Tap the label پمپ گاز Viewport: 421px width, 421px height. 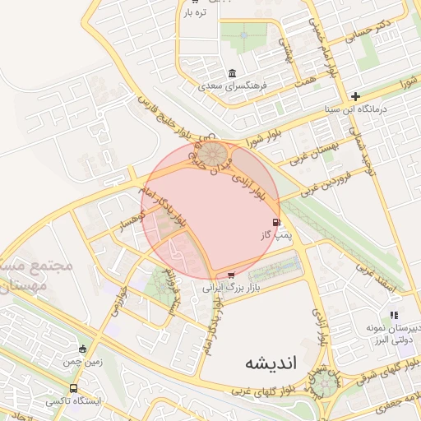277,236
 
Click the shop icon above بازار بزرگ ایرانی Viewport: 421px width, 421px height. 230,275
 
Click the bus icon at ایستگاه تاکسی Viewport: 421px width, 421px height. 74,388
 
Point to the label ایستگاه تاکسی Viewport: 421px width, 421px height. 74,401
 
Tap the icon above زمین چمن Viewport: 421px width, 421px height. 82,349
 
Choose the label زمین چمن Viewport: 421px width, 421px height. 83,362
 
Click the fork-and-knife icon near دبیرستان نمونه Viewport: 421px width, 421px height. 394,314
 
